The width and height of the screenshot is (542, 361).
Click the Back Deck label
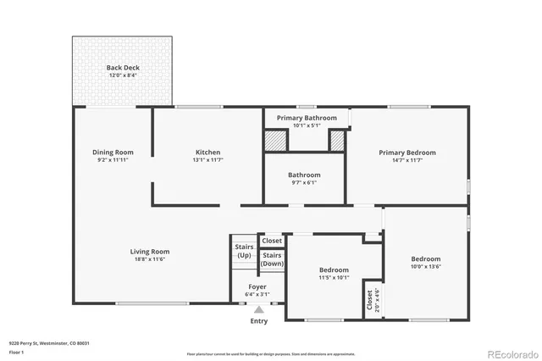point(123,68)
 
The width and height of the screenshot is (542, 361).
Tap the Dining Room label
point(113,153)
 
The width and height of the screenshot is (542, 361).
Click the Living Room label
point(150,252)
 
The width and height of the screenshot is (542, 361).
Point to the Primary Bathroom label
point(303,118)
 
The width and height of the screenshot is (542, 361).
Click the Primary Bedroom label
point(407,153)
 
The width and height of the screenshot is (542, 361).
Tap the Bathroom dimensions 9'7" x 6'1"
point(304,182)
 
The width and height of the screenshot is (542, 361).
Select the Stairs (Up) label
point(244,252)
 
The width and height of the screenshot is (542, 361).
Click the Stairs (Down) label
point(272,259)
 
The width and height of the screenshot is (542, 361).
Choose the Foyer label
point(257,287)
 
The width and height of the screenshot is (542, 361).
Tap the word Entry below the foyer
point(258,321)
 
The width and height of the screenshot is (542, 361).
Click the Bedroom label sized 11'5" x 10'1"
point(334,270)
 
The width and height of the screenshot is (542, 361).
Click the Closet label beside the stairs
point(272,241)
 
